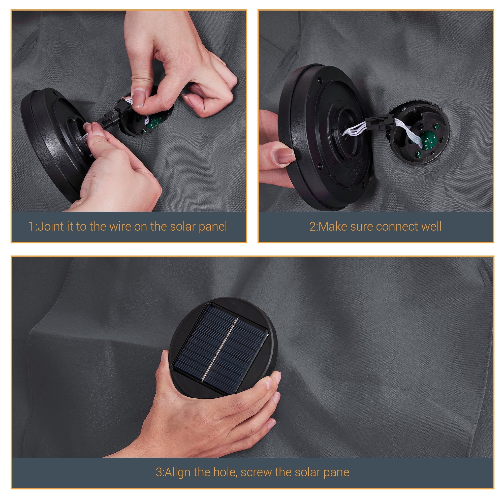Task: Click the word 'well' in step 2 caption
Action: (x=431, y=227)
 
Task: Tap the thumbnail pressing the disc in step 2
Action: (x=283, y=156)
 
